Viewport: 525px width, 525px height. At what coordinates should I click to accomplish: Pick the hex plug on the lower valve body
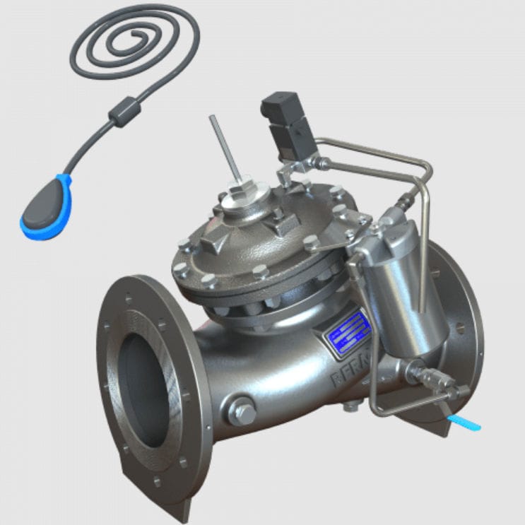(242, 412)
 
